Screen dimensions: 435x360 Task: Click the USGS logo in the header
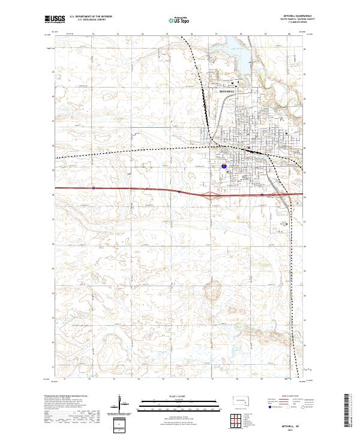[x=55, y=20]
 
